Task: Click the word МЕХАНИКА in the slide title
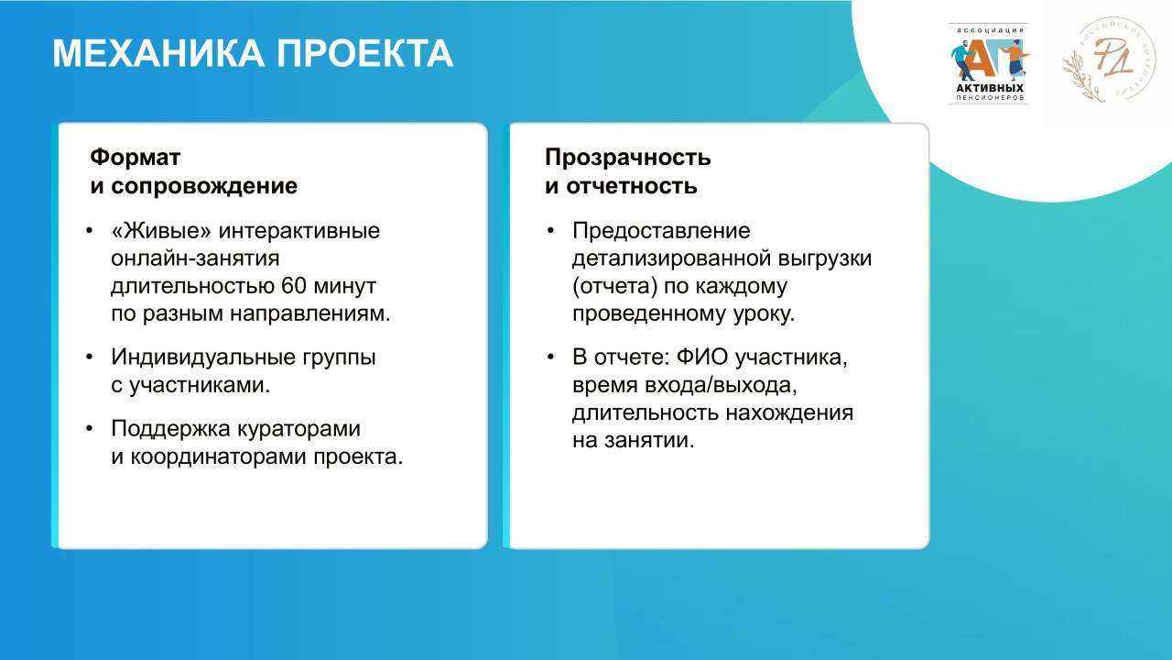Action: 158,53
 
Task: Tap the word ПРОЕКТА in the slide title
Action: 364,53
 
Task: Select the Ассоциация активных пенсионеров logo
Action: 989,63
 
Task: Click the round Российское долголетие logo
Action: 1109,60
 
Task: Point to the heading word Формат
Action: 135,157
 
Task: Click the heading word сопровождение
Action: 204,186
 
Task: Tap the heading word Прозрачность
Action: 628,158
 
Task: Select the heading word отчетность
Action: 632,186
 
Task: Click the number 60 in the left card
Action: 294,286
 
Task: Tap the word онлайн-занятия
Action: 195,258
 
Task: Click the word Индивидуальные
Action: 203,357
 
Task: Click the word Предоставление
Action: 661,231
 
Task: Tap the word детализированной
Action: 671,258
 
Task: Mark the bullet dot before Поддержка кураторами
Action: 89,429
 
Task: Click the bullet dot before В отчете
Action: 550,357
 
